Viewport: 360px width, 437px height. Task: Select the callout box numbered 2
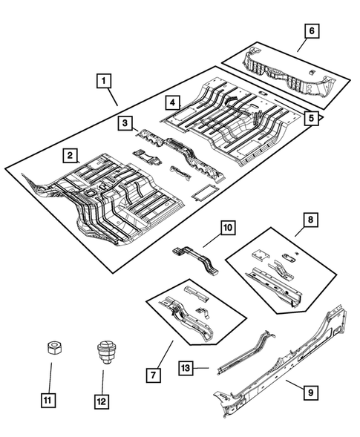[70, 155]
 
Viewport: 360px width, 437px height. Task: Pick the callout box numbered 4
[171, 102]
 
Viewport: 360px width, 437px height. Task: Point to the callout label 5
[312, 117]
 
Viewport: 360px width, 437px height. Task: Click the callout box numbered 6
[312, 30]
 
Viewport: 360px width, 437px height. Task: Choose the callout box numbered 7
[153, 375]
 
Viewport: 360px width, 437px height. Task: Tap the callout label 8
[311, 220]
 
